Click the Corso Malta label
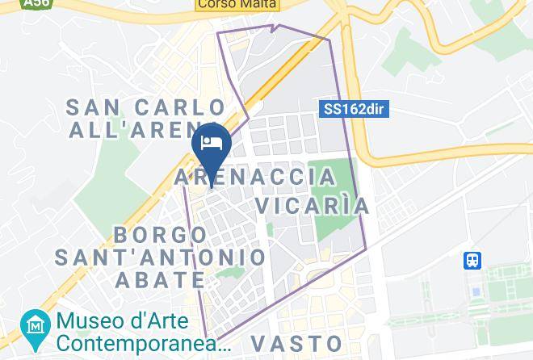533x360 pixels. [x=237, y=4]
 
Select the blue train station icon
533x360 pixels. [x=472, y=260]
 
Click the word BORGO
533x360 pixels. [x=160, y=235]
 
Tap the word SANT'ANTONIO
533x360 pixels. [x=161, y=257]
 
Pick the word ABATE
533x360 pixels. [x=160, y=280]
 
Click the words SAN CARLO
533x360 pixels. [x=145, y=107]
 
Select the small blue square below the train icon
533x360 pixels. [x=476, y=291]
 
